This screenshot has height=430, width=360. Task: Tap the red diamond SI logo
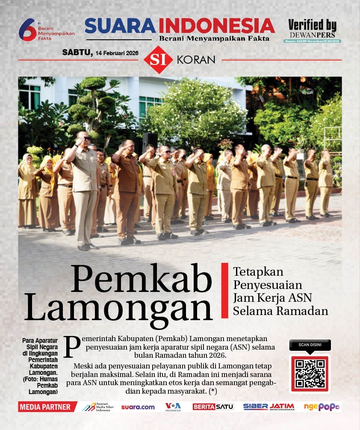158,59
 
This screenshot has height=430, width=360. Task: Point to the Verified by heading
312,25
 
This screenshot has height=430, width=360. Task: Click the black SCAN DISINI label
310,345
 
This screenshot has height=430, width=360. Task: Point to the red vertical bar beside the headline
224,291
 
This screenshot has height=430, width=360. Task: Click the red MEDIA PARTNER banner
47,407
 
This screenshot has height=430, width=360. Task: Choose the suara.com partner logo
138,407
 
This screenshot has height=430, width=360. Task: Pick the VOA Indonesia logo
173,406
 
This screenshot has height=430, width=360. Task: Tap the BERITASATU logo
213,407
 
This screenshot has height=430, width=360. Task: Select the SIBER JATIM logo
269,407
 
